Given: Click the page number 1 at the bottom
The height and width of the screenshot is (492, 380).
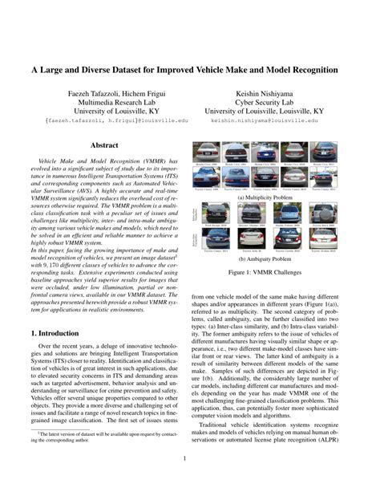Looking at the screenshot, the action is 190,460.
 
